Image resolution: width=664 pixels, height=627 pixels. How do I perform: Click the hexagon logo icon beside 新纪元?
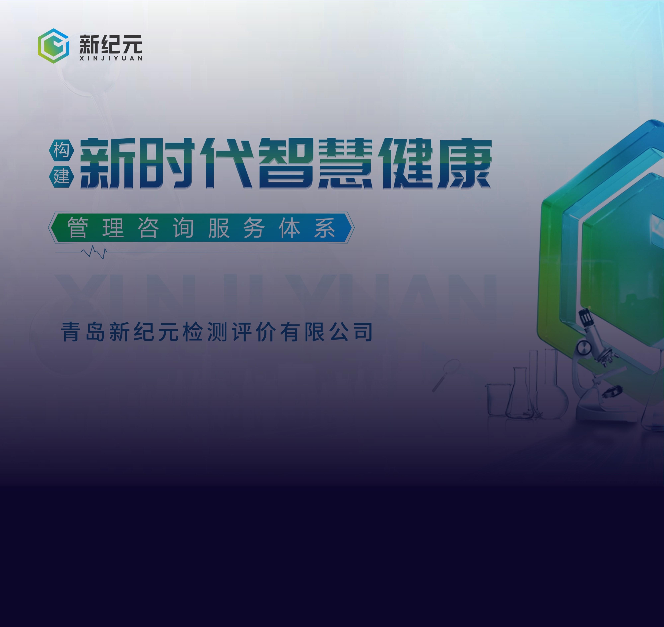(54, 46)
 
